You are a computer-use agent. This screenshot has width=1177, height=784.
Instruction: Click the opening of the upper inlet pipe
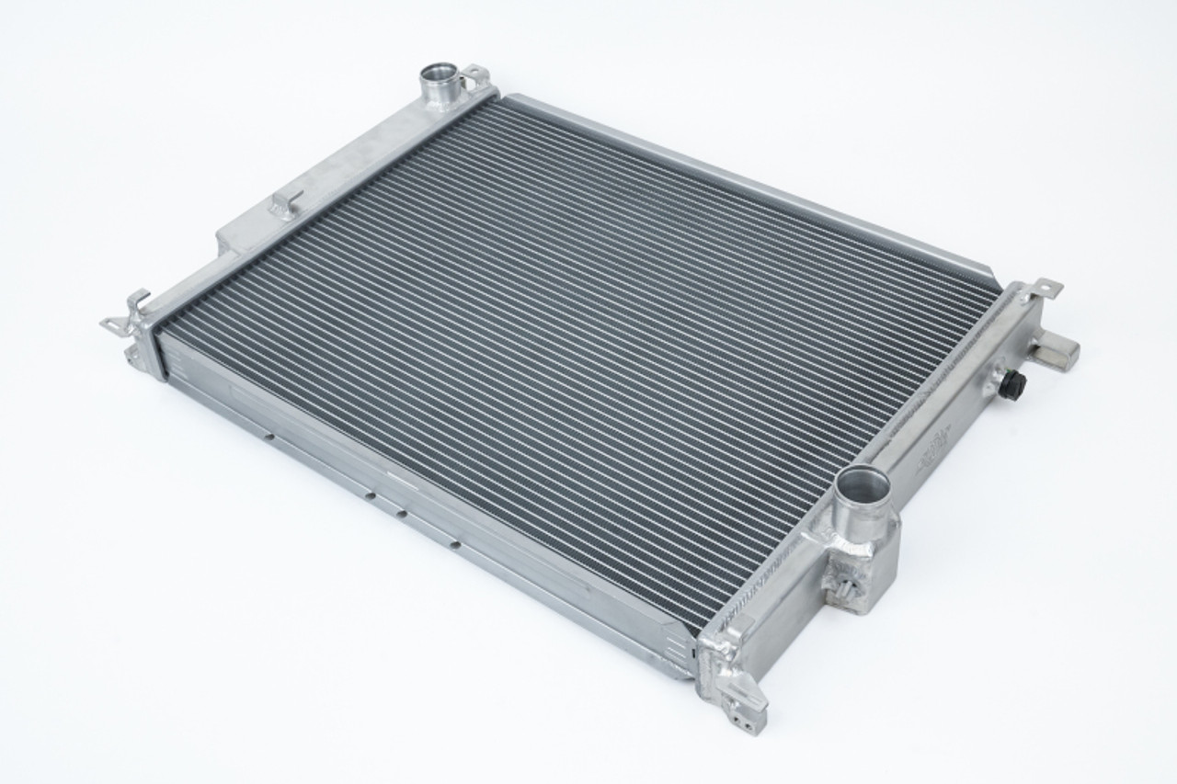(x=440, y=72)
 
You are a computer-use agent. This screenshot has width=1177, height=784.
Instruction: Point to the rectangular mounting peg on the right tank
(x=1055, y=350)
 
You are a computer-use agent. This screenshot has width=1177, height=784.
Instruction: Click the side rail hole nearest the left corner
(x=268, y=437)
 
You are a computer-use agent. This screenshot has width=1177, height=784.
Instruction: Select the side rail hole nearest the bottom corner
(x=454, y=544)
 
